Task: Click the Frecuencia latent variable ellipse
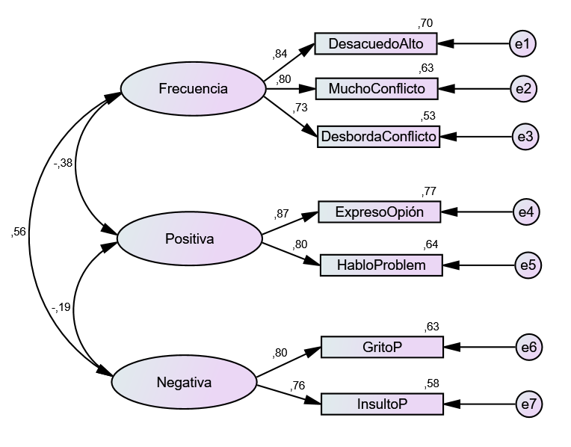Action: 193,89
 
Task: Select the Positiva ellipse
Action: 189,239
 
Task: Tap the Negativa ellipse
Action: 184,383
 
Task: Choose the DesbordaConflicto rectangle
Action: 378,136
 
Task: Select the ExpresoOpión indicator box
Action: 380,212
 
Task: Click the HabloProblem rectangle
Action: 381,265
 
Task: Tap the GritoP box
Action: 382,347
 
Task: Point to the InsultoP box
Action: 382,404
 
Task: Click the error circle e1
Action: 522,43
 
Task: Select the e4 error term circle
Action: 526,212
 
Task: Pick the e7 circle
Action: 528,404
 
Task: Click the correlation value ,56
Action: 19,232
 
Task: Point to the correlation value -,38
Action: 64,164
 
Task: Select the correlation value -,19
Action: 61,306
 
